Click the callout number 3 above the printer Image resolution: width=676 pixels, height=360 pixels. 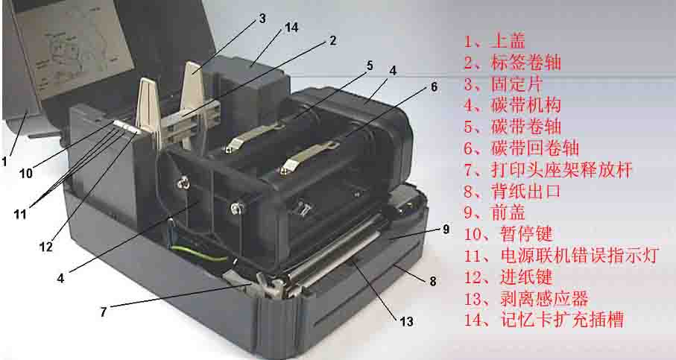click(x=262, y=19)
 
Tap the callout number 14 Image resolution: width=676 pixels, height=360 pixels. click(x=291, y=27)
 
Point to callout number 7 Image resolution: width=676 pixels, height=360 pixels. click(x=104, y=312)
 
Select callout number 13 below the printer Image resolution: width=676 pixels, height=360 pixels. click(x=406, y=321)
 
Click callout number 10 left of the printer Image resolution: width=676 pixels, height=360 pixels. click(x=26, y=174)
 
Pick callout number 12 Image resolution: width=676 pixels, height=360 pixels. click(x=45, y=247)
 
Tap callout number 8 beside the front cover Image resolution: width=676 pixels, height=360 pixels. click(x=433, y=282)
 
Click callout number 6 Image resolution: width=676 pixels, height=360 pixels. click(x=434, y=87)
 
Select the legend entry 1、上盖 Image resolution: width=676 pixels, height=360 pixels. click(x=494, y=42)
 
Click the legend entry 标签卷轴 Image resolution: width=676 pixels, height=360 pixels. click(x=526, y=63)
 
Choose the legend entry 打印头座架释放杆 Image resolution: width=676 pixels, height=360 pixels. click(x=561, y=169)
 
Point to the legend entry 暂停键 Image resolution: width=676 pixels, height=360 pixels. click(x=526, y=234)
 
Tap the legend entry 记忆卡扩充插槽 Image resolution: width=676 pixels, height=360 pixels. click(x=562, y=320)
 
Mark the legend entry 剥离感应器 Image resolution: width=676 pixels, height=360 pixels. click(x=544, y=298)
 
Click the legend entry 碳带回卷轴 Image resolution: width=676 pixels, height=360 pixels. click(x=534, y=148)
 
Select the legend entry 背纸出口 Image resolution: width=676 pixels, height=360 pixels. click(x=526, y=191)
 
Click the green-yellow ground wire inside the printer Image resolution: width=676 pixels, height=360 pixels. click(x=198, y=253)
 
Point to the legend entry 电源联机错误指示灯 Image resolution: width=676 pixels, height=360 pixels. click(x=580, y=255)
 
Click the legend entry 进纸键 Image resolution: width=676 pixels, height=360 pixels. click(x=526, y=277)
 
